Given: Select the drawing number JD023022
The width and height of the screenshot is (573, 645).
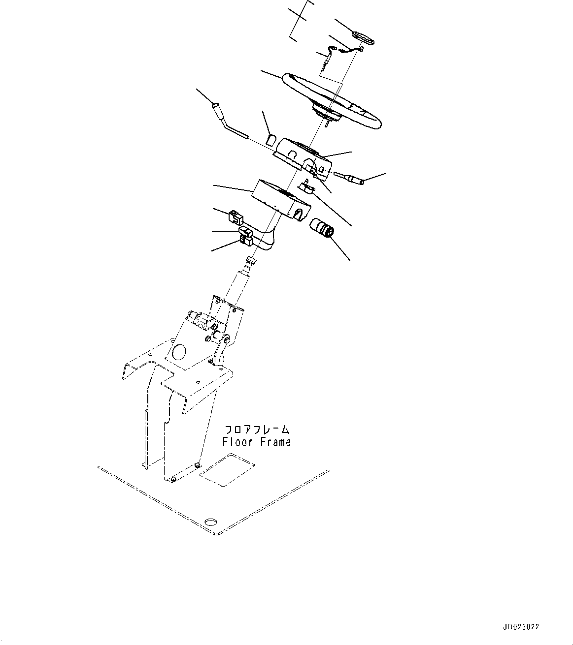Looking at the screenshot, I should (521, 627).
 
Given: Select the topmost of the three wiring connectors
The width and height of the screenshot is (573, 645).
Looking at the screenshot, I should (236, 216).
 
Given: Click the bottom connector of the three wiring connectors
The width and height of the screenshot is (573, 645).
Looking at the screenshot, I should (246, 241).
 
